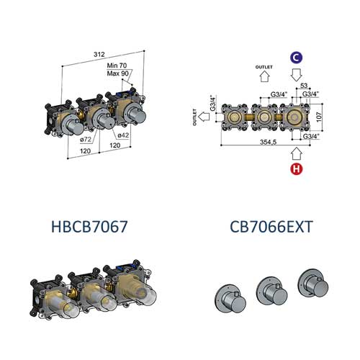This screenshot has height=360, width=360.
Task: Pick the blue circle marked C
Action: (296, 56)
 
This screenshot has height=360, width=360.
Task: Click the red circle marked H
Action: (296, 170)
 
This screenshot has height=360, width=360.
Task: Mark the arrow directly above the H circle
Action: (296, 152)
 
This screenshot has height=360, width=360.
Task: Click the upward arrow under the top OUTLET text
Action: (264, 76)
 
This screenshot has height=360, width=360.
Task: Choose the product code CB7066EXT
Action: (271, 227)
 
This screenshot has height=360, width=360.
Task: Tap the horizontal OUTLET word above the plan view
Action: (264, 66)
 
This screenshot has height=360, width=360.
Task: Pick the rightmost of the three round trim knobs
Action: (314, 283)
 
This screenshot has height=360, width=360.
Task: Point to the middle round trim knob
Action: (271, 289)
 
